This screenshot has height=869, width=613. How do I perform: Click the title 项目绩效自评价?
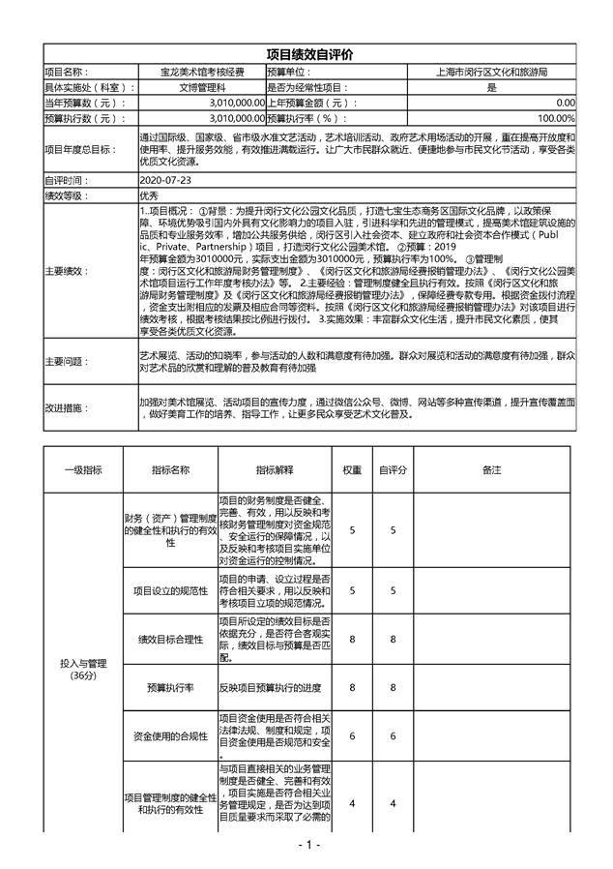[x=308, y=56]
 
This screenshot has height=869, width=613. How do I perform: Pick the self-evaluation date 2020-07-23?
[x=165, y=181]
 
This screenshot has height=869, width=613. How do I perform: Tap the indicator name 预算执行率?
[x=169, y=687]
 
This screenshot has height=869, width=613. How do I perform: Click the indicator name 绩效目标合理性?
[x=169, y=640]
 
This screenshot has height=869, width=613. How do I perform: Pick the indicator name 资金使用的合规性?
[x=169, y=735]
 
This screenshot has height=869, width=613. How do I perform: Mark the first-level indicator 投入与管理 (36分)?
[x=83, y=669]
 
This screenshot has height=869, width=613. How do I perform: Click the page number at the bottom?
[x=308, y=845]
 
